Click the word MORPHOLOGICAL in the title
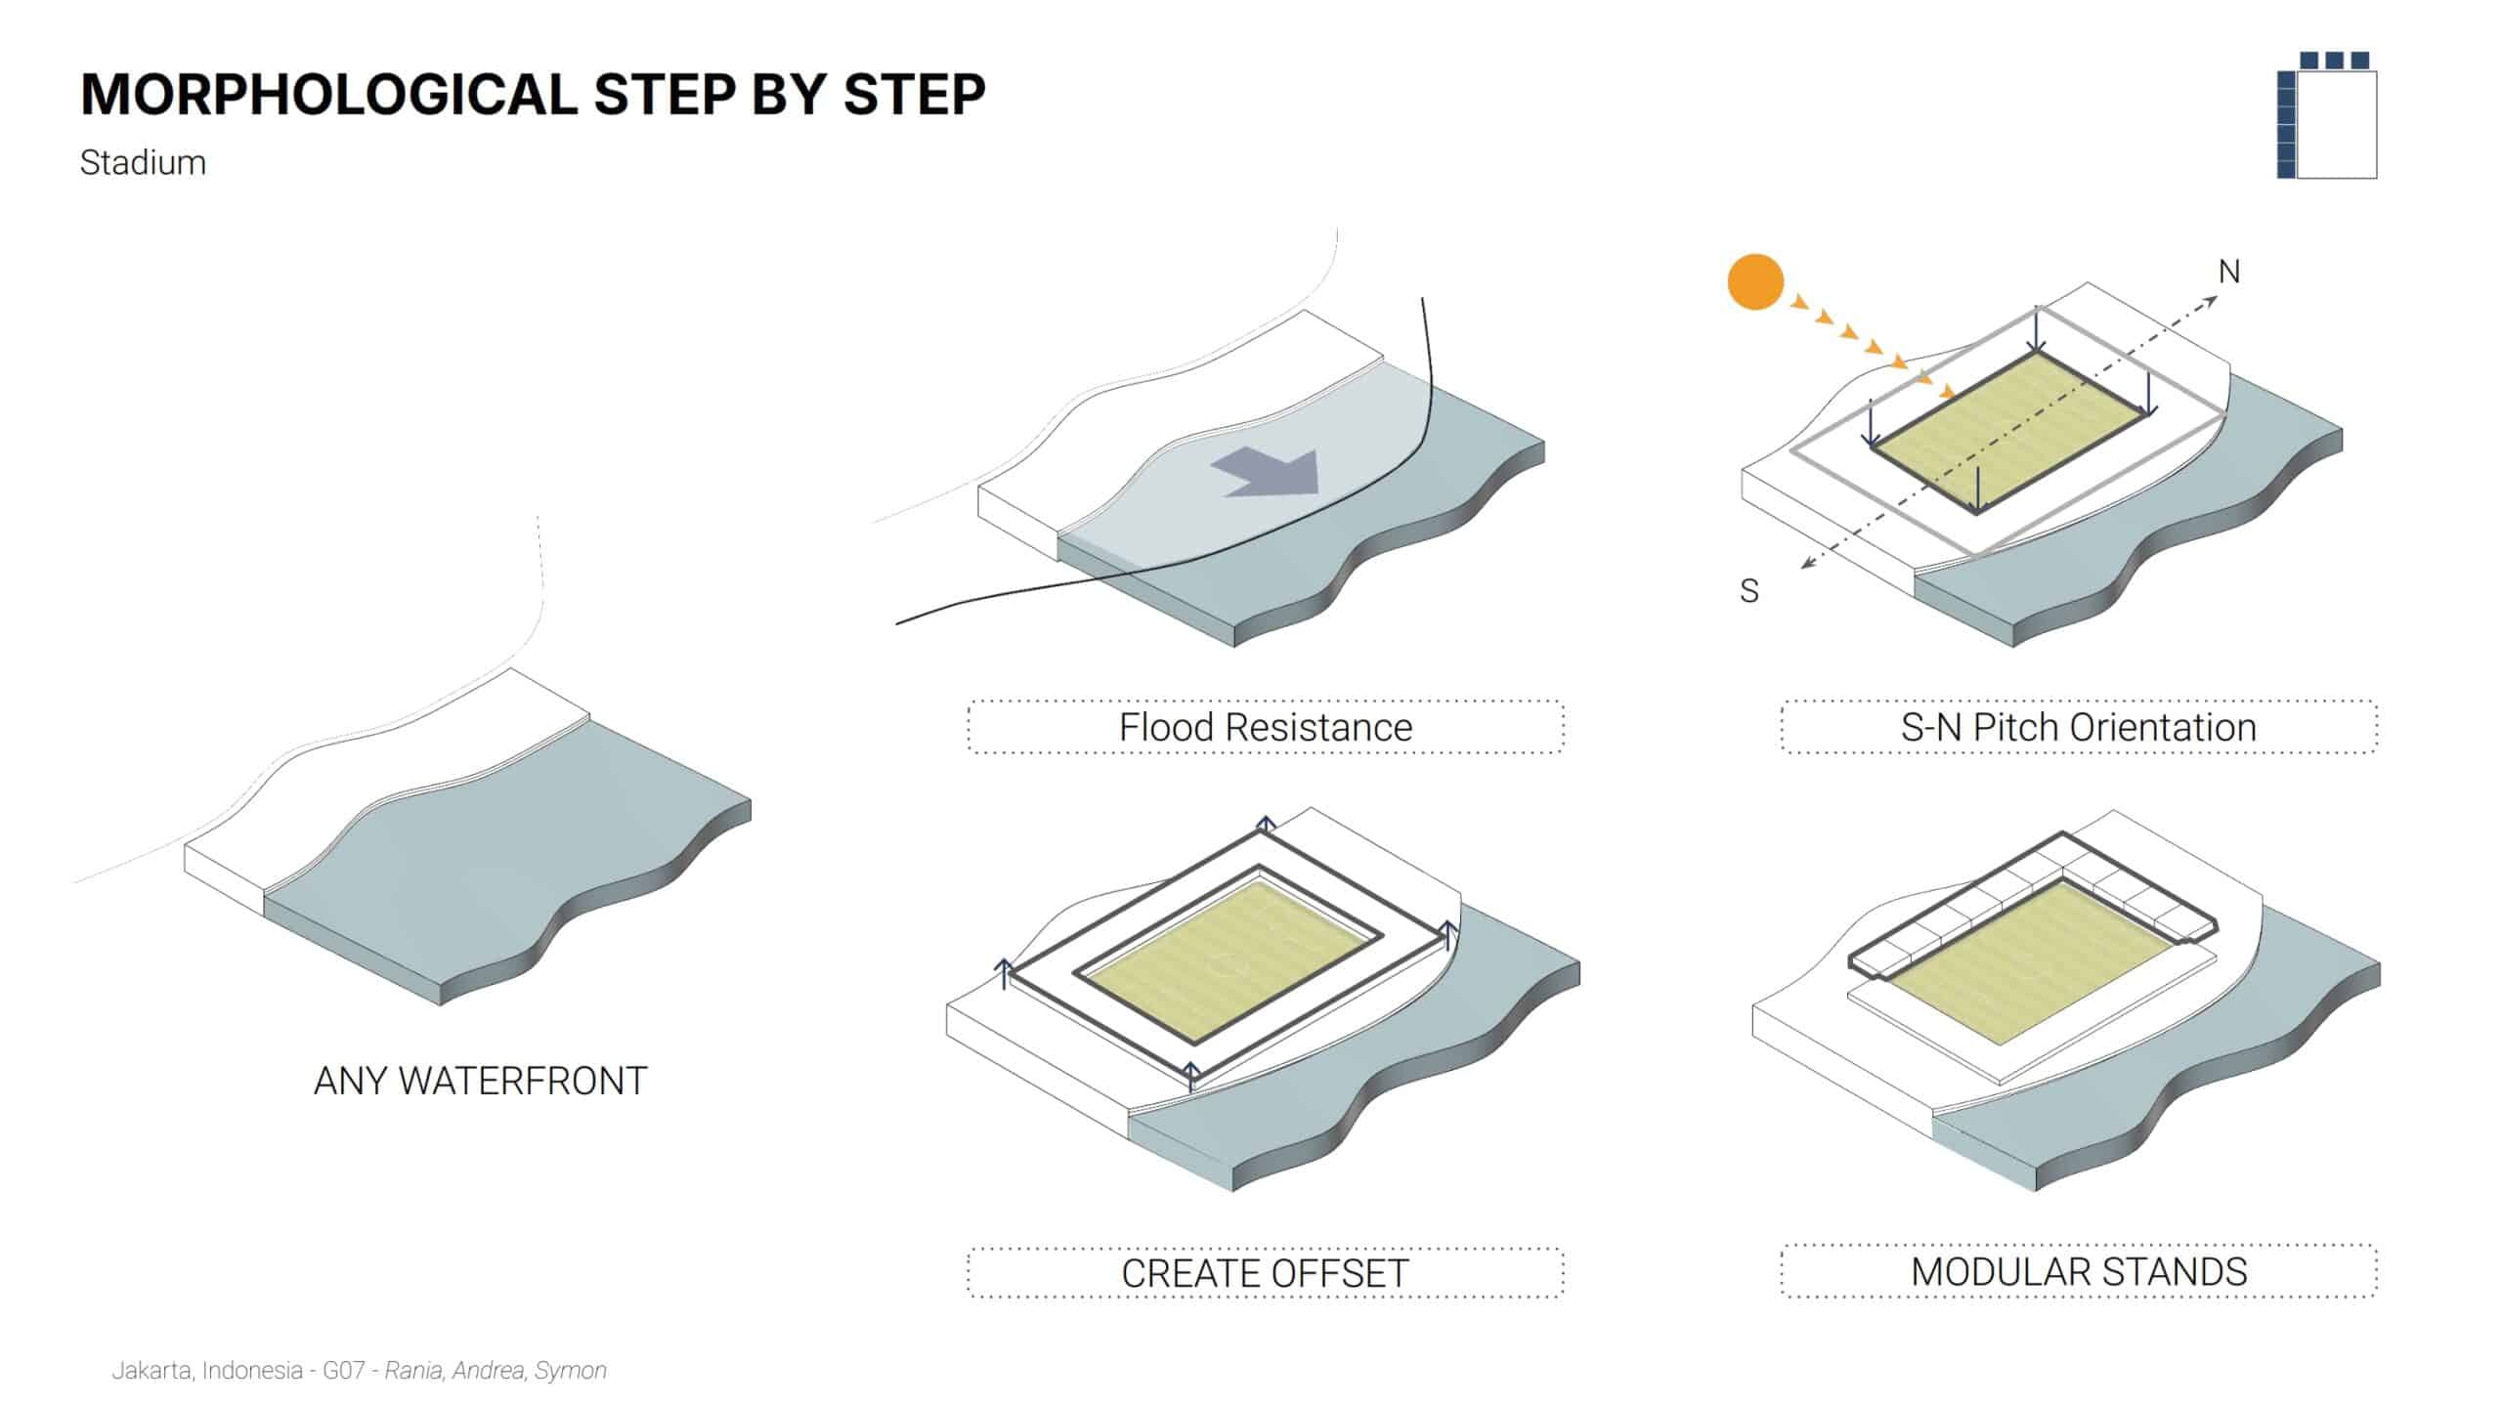click(x=329, y=95)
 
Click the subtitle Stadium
click(x=143, y=162)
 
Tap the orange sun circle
click(x=1755, y=281)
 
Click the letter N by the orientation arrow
click(x=2229, y=272)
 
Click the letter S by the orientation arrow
click(x=1749, y=591)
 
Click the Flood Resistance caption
click(x=1266, y=728)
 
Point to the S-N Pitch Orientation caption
click(x=2078, y=728)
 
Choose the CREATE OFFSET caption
click(x=1266, y=1273)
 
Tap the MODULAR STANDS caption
click(x=2079, y=1271)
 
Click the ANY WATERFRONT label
click(x=480, y=1081)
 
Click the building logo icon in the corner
click(x=2326, y=115)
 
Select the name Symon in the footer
click(x=571, y=1371)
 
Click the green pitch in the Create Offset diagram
click(x=1227, y=962)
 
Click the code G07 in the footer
click(x=343, y=1371)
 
